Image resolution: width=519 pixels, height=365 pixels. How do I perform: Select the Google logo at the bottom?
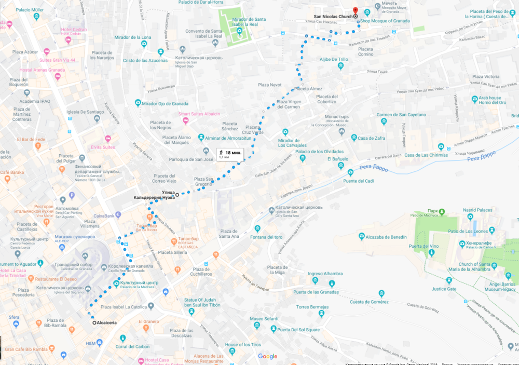click(x=268, y=356)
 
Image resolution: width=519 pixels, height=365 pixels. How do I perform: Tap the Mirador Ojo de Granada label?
click(x=166, y=103)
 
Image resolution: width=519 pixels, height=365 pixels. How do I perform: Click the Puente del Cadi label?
click(x=358, y=181)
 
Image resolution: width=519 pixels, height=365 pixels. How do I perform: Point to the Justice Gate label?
click(x=444, y=289)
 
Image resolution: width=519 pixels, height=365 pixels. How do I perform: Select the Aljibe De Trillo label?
click(x=333, y=60)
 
